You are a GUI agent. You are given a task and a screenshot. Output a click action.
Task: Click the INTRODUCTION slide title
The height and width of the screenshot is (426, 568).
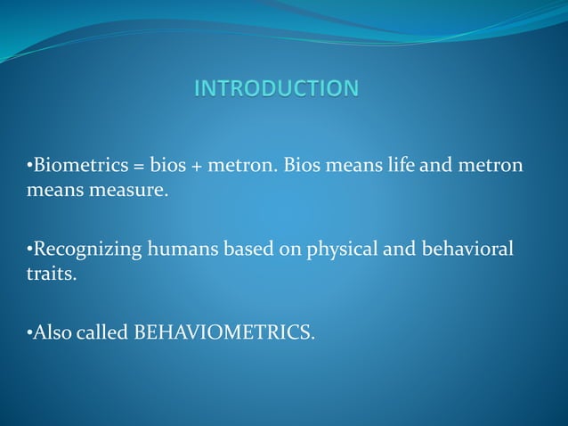(x=277, y=88)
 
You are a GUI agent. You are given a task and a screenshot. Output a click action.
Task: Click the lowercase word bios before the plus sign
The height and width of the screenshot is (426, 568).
(x=166, y=167)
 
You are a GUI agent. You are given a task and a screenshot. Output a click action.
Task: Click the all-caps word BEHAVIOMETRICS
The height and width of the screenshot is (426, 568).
(x=223, y=333)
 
